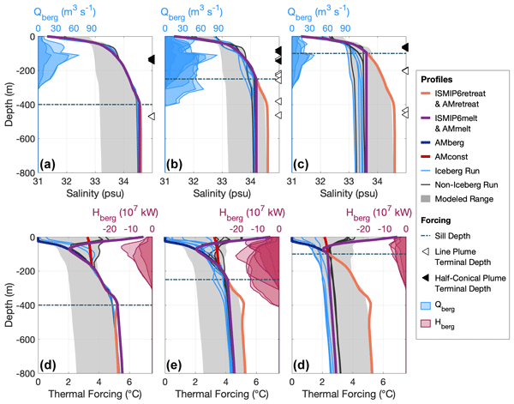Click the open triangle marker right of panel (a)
(151, 117)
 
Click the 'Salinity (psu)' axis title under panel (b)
(216, 194)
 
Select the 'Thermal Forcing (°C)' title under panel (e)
(216, 396)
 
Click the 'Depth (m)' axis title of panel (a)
(8, 105)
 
